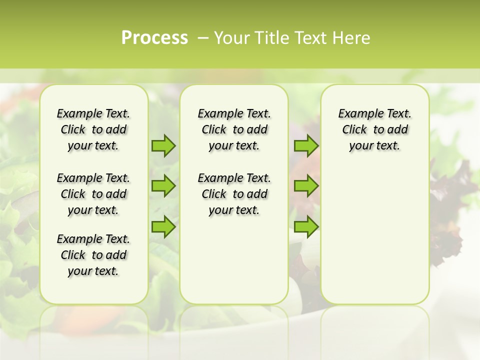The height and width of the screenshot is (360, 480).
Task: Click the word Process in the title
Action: tap(154, 38)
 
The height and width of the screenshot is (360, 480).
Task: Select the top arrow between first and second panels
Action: tap(163, 146)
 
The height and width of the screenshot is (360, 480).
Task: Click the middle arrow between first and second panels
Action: tap(163, 186)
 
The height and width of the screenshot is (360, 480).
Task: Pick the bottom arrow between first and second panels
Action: tap(163, 227)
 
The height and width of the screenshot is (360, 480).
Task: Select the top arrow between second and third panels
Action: tap(306, 146)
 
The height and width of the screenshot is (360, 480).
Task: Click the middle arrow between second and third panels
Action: tap(306, 186)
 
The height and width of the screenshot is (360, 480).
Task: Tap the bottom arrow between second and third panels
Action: tap(306, 227)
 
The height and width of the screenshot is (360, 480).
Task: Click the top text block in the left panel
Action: tap(93, 129)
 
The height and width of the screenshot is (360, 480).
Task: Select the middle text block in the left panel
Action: tap(93, 194)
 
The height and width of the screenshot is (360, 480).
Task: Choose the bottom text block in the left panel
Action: tap(93, 255)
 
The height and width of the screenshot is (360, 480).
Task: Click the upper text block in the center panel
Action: tap(234, 129)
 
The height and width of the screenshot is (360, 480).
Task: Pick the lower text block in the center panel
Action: tap(234, 194)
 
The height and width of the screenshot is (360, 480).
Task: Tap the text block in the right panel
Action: tap(374, 129)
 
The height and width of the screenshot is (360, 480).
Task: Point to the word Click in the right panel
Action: tap(354, 130)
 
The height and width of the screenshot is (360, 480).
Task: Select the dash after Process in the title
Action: tap(202, 38)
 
